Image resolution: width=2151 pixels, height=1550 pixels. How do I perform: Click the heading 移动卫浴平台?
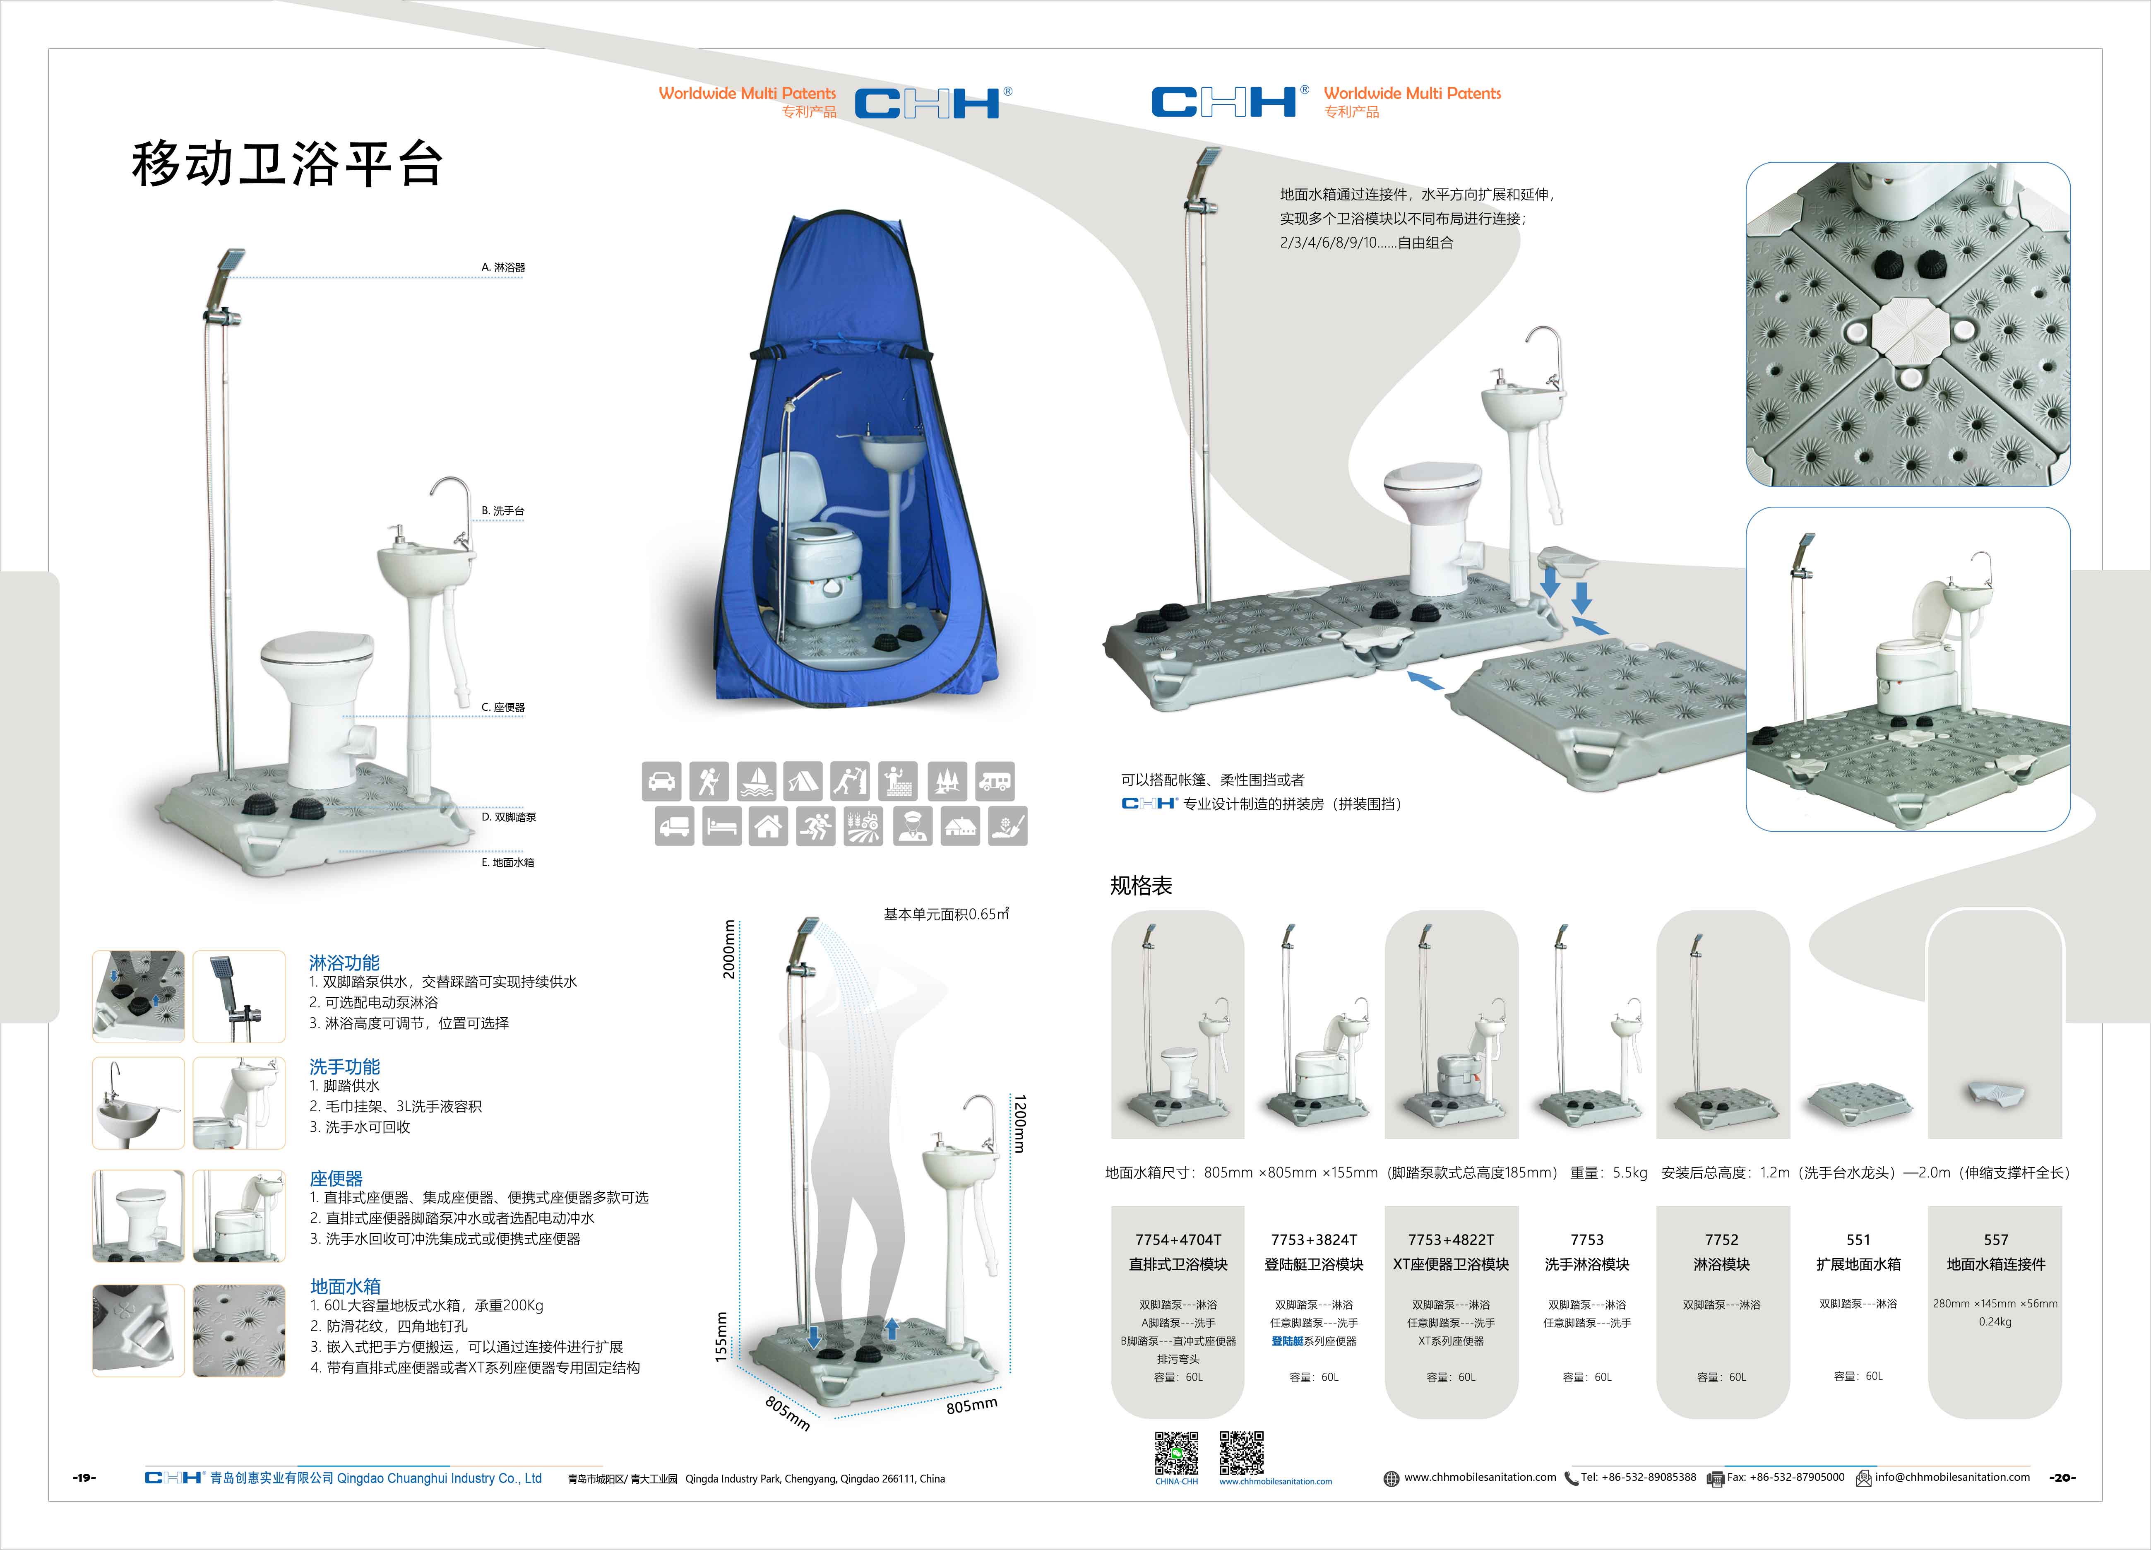point(286,164)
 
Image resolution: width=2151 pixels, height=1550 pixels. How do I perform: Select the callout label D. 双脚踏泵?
point(508,817)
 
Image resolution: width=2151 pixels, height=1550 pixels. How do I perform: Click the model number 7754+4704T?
point(1178,1240)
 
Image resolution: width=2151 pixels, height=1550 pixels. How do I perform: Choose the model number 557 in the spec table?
point(1995,1240)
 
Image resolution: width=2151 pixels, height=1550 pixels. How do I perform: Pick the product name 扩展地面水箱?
point(1858,1264)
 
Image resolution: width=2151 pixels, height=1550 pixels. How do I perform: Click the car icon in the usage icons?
point(661,782)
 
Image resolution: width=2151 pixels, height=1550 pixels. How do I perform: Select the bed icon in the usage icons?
point(722,826)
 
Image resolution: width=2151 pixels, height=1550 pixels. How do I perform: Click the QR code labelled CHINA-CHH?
point(1176,1453)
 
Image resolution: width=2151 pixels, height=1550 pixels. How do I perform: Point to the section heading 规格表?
point(1141,886)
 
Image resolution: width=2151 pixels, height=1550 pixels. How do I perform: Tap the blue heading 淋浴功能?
point(344,963)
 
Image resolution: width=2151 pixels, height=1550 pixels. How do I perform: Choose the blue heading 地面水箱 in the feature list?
point(345,1286)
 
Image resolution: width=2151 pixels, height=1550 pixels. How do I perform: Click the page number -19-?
point(84,1478)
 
